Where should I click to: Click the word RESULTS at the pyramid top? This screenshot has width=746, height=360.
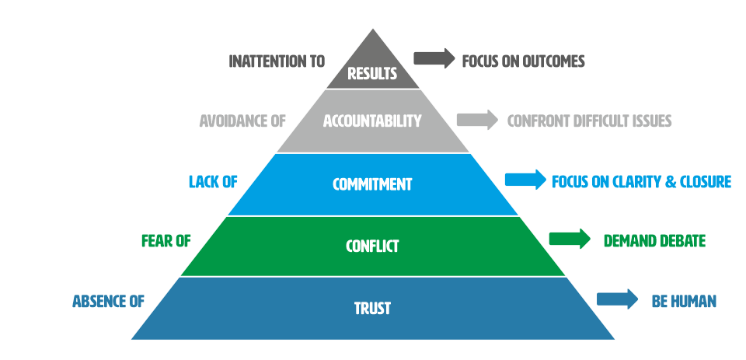pyautogui.click(x=373, y=75)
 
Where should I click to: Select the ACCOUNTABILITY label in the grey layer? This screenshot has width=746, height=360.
pyautogui.click(x=372, y=121)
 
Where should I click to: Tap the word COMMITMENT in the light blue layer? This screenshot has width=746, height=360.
pyautogui.click(x=372, y=184)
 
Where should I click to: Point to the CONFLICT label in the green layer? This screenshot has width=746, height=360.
pyautogui.click(x=372, y=246)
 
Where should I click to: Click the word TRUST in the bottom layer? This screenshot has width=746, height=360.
pyautogui.click(x=372, y=309)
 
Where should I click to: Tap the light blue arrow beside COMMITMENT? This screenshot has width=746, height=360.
pyautogui.click(x=525, y=180)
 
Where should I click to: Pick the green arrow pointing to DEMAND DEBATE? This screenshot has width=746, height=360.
pyautogui.click(x=570, y=239)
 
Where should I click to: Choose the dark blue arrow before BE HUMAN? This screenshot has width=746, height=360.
pyautogui.click(x=618, y=300)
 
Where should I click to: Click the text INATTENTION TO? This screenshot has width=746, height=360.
pyautogui.click(x=277, y=61)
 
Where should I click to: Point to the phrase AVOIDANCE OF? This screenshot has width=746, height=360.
pyautogui.click(x=242, y=121)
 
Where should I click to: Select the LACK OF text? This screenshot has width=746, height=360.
pyautogui.click(x=213, y=182)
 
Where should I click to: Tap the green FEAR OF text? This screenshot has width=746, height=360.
pyautogui.click(x=166, y=241)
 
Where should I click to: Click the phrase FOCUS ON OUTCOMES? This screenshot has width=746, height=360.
pyautogui.click(x=523, y=61)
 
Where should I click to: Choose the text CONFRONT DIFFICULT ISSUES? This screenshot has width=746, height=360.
pyautogui.click(x=589, y=121)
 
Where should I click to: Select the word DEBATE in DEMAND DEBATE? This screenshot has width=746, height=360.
pyautogui.click(x=681, y=241)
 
